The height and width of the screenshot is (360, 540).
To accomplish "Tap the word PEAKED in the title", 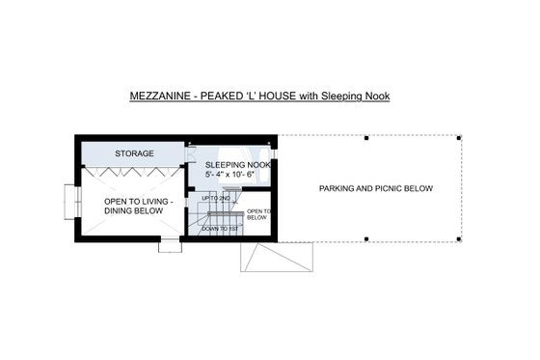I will [x=223, y=97].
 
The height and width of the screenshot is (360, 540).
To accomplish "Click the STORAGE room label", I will [x=135, y=153].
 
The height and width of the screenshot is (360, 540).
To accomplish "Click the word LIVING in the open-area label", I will [x=152, y=202].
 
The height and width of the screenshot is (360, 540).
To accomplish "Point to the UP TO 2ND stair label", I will [x=216, y=198].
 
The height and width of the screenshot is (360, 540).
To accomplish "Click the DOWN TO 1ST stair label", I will [x=221, y=229].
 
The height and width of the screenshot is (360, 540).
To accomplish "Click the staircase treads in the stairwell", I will [x=221, y=213].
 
